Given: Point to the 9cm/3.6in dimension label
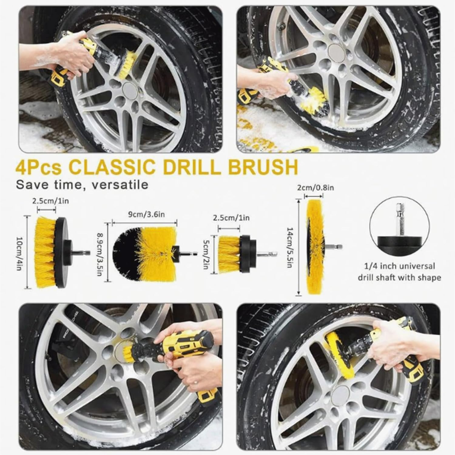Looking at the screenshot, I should pyautogui.click(x=144, y=215).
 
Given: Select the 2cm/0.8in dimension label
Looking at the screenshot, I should pyautogui.click(x=315, y=188).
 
